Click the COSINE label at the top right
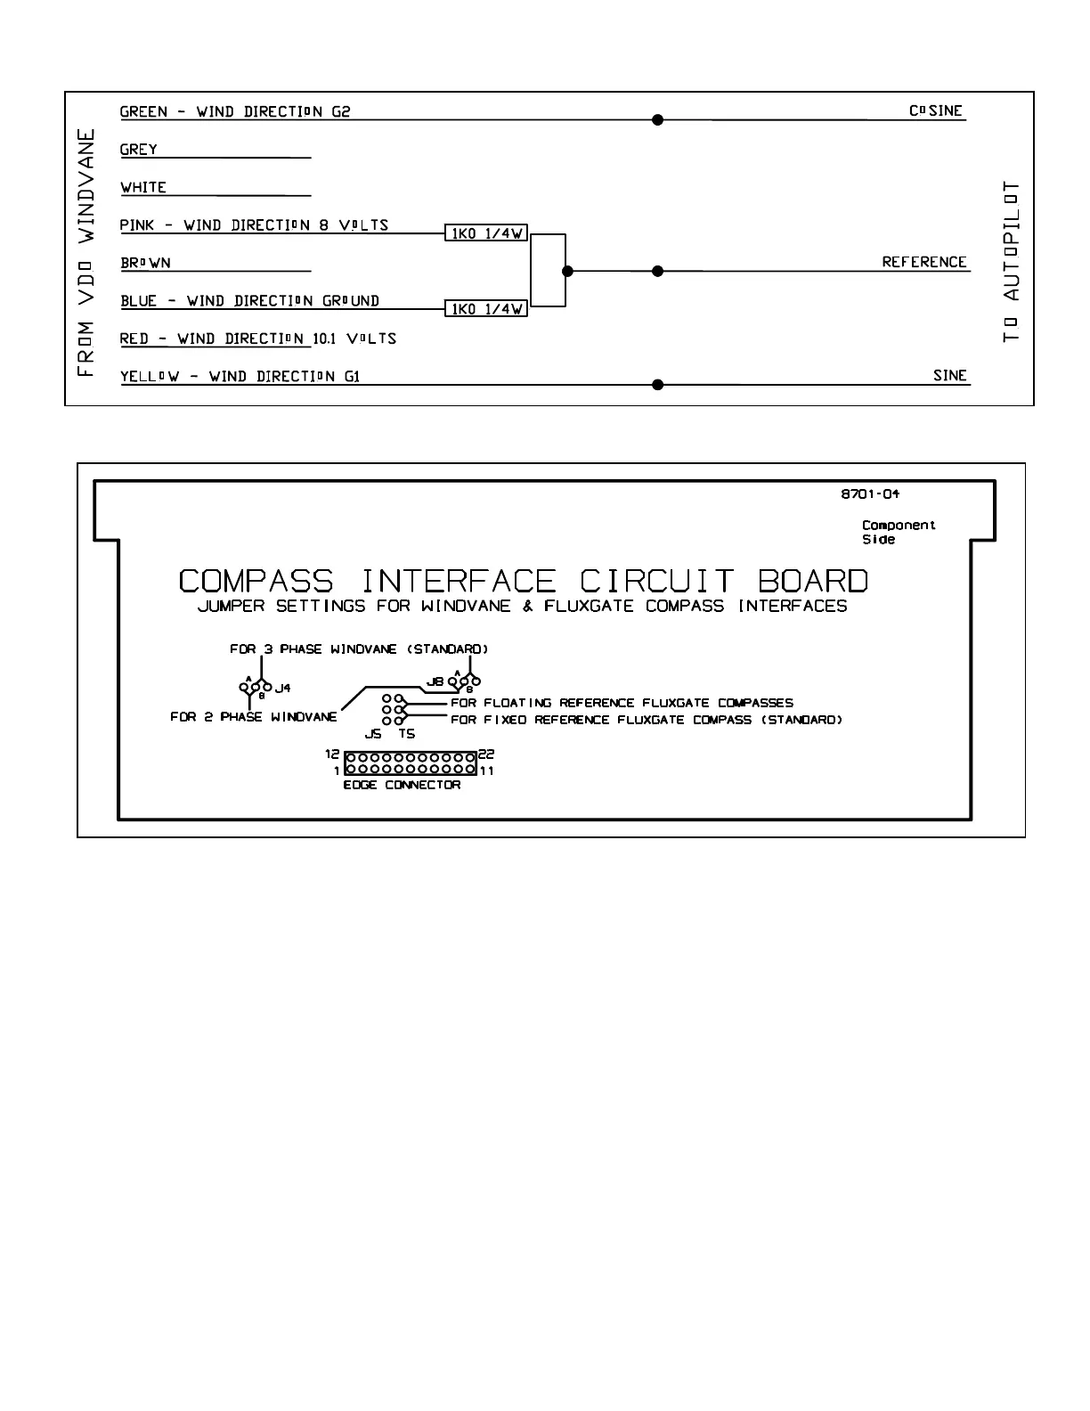(936, 111)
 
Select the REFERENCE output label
(924, 262)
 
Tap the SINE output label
(950, 375)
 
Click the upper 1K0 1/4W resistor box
(486, 233)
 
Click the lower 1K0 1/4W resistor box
(486, 309)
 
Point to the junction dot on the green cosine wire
(658, 119)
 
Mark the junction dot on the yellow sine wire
(658, 385)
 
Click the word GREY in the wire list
(139, 150)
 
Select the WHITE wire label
(143, 187)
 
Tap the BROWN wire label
(146, 263)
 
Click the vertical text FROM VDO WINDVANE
(86, 253)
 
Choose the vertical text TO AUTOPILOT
(1011, 262)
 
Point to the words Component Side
(898, 532)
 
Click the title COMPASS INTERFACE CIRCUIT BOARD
(523, 582)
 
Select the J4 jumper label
(282, 688)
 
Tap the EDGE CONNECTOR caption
(402, 785)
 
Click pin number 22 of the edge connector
(486, 754)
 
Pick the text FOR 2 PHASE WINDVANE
(254, 717)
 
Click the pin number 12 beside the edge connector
(333, 754)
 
